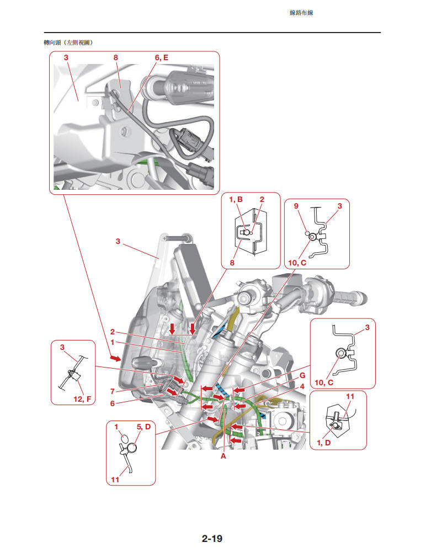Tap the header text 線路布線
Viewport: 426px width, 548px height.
[301, 13]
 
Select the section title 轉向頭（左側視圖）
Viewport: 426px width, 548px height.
[68, 42]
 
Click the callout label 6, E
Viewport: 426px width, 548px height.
[161, 57]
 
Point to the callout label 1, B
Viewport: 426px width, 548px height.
[236, 199]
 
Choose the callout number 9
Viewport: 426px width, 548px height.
[296, 206]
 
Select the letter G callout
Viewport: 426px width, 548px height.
[302, 375]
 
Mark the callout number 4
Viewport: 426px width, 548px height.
[302, 386]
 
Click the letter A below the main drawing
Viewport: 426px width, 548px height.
[223, 457]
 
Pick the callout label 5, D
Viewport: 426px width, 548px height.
[143, 427]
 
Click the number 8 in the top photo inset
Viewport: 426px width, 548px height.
[116, 57]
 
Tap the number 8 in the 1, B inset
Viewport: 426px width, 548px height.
[232, 263]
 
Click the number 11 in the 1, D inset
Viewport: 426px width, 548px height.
[350, 396]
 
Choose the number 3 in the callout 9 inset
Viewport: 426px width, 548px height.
[340, 206]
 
